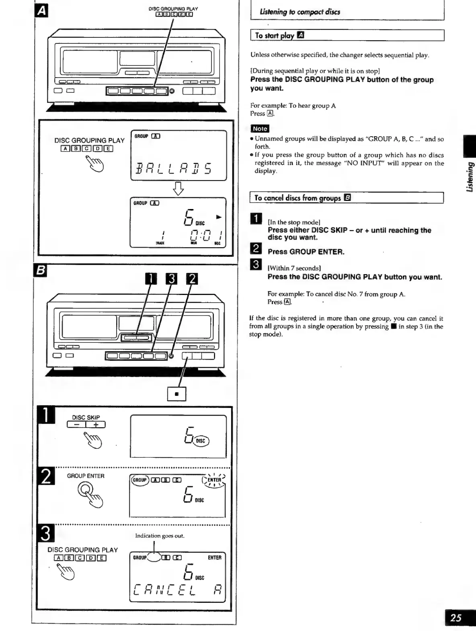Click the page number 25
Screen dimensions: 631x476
pyautogui.click(x=456, y=617)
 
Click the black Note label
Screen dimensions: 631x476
pyautogui.click(x=260, y=129)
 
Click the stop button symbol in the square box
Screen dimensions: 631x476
pyautogui.click(x=176, y=394)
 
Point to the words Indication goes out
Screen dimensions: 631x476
pyautogui.click(x=160, y=536)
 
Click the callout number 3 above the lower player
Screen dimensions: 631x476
pyautogui.click(x=171, y=279)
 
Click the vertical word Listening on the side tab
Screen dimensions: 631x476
pyautogui.click(x=469, y=177)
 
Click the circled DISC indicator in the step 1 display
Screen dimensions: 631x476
pyautogui.click(x=201, y=441)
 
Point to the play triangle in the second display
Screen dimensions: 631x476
pyautogui.click(x=219, y=217)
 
